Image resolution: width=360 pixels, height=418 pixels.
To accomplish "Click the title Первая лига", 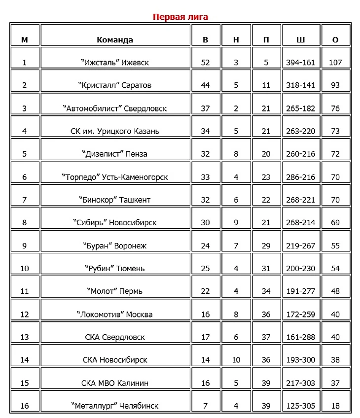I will tap(180, 17).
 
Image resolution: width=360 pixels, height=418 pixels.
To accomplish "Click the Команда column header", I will tap(115, 40).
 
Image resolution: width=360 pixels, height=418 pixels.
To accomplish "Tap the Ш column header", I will tap(300, 40).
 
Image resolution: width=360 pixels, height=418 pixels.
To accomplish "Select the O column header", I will tap(335, 40).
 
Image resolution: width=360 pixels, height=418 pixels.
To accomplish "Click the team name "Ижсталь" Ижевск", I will tap(115, 63).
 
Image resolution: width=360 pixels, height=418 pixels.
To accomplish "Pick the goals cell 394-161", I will tap(300, 63).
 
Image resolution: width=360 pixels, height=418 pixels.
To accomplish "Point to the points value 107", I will tap(335, 63).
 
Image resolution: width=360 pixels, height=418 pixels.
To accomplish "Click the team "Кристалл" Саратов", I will tap(115, 85).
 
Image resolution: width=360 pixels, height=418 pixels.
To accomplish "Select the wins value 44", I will tap(205, 85).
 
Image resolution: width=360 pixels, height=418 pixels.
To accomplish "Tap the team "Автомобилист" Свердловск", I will tap(115, 108).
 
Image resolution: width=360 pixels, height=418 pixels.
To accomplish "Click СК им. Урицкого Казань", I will tap(115, 131).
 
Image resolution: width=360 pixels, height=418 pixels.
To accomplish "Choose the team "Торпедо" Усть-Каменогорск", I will tap(115, 177).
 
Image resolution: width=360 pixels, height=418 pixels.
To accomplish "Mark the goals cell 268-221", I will tap(300, 200).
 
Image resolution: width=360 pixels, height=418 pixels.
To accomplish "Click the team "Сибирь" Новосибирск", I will tap(115, 222).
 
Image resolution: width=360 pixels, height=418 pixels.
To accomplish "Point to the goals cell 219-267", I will tap(300, 245).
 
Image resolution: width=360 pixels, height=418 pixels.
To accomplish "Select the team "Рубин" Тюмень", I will tap(115, 268).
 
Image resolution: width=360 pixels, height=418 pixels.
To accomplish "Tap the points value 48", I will tap(335, 291).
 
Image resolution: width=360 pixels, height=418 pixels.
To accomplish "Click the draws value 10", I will tap(236, 360).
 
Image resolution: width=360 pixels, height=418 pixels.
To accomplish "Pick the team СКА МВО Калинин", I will tap(115, 383).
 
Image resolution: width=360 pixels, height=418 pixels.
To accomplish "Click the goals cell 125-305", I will tap(300, 406).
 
